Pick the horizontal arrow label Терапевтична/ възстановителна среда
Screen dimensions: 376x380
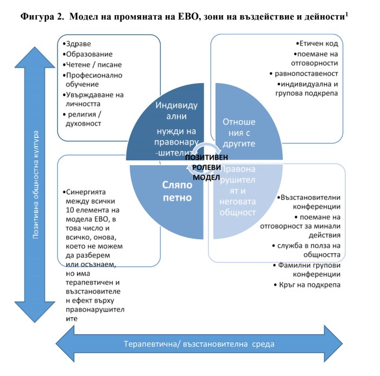(199, 344)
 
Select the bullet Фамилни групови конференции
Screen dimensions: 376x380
(309, 270)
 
